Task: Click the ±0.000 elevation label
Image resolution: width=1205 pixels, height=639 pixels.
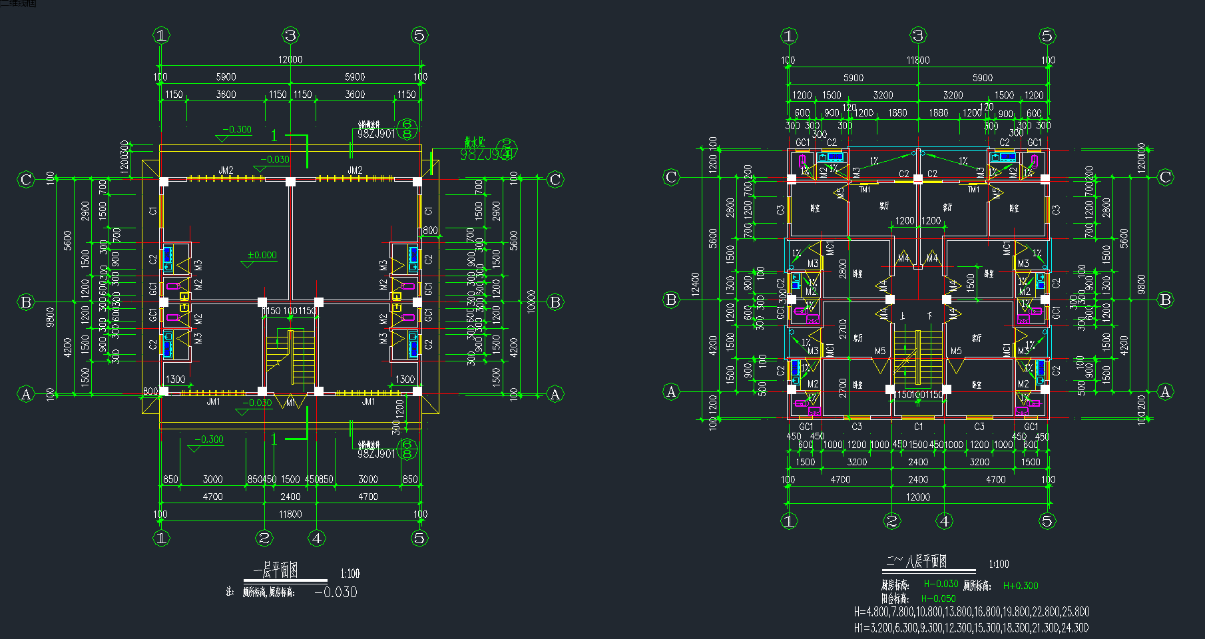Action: pyautogui.click(x=262, y=255)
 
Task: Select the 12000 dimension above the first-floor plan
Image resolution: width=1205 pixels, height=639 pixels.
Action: pyautogui.click(x=290, y=60)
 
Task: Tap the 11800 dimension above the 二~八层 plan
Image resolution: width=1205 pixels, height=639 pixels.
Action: pyautogui.click(x=918, y=61)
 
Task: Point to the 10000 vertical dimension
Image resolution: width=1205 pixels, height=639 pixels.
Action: pyautogui.click(x=531, y=302)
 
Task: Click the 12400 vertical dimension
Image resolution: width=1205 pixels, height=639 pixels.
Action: pyautogui.click(x=696, y=284)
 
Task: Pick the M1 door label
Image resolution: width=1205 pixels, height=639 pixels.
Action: pyautogui.click(x=290, y=403)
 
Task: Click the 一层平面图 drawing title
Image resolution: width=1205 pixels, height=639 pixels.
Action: pyautogui.click(x=275, y=570)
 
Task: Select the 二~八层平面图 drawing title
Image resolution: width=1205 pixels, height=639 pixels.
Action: pyautogui.click(x=916, y=561)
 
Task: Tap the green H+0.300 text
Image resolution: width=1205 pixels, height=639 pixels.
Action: pyautogui.click(x=1021, y=586)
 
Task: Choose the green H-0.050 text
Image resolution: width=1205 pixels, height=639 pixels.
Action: pyautogui.click(x=939, y=598)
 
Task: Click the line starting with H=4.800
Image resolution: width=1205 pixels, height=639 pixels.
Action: pyautogui.click(x=971, y=612)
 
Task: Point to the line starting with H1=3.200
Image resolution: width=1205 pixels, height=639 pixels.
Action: pyautogui.click(x=971, y=628)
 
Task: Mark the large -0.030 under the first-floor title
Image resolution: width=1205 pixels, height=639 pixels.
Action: pyautogui.click(x=336, y=592)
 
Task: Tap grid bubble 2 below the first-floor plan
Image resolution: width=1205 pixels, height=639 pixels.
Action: pyautogui.click(x=264, y=538)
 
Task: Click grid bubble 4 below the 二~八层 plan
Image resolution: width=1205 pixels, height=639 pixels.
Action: pyautogui.click(x=945, y=521)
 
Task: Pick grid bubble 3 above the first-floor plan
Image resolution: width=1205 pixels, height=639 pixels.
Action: pyautogui.click(x=290, y=35)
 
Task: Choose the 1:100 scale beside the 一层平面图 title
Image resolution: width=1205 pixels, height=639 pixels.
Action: pyautogui.click(x=350, y=573)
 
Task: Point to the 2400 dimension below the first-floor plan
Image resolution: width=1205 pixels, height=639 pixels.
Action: pyautogui.click(x=290, y=497)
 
